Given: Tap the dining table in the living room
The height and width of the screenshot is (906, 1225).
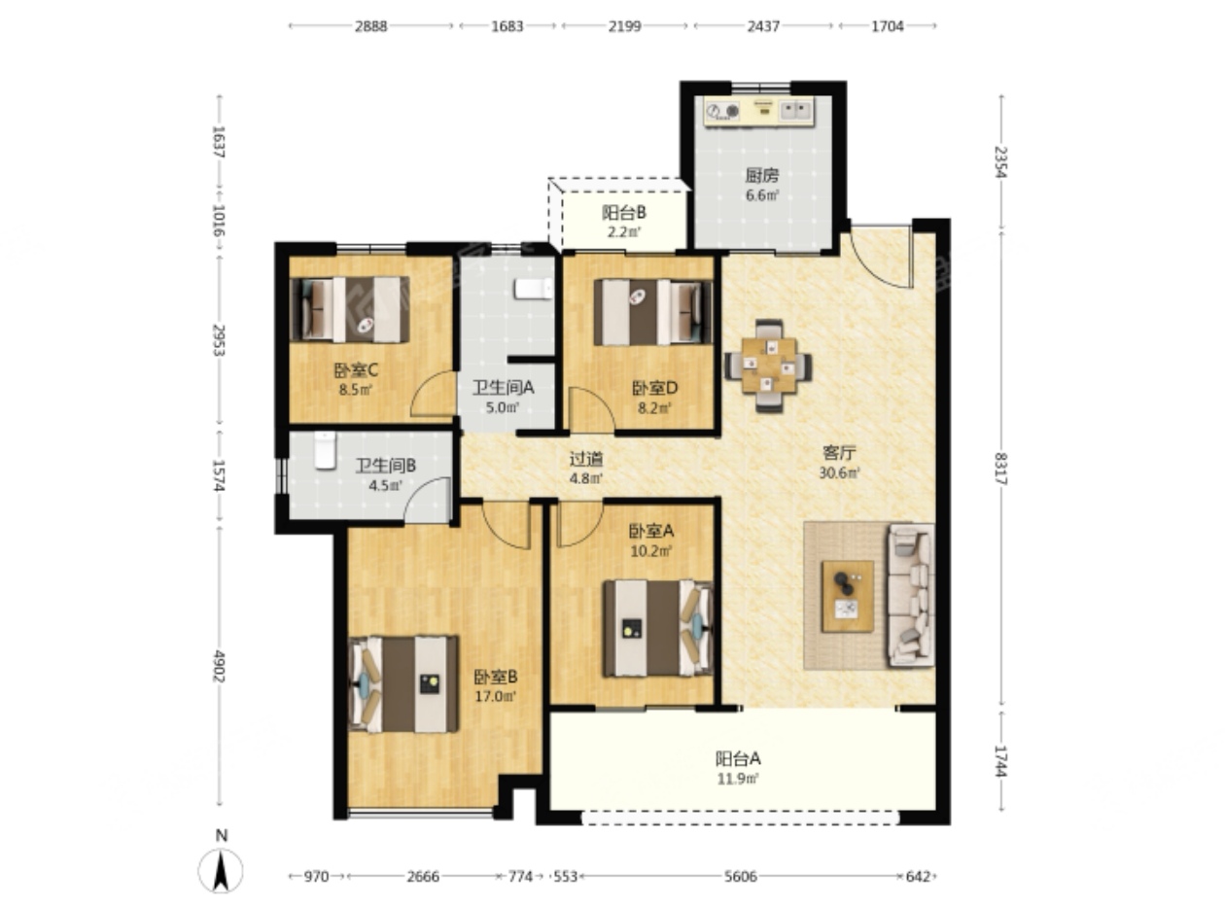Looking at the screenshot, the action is [769, 366].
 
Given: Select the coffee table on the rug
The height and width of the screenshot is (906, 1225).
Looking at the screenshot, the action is [847, 596].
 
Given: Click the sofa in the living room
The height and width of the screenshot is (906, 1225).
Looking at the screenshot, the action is [910, 595].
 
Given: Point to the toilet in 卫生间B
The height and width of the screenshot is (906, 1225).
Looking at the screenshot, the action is [325, 450].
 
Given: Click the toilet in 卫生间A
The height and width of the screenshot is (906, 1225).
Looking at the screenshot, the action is [533, 289].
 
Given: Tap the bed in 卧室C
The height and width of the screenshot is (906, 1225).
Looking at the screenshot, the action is [350, 309].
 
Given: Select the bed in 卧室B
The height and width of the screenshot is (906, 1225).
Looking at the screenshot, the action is [403, 684].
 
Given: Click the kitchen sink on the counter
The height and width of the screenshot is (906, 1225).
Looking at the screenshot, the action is [796, 111].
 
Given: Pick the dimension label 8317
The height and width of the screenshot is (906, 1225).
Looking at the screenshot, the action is [1000, 469].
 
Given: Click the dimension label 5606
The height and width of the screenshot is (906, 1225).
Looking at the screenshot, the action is [741, 876].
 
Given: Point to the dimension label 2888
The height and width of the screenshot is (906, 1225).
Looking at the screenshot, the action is [370, 26].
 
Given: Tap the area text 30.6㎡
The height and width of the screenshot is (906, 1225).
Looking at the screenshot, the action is [839, 472].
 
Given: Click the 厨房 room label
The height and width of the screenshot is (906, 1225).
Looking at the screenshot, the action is [762, 176].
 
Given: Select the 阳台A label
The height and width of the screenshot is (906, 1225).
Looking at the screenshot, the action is [738, 758].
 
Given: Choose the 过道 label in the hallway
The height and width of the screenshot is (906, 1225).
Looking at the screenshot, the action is [586, 458].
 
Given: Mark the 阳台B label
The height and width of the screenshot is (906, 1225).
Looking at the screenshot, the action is [623, 212].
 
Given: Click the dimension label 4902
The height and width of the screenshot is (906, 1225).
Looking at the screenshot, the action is [220, 666].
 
